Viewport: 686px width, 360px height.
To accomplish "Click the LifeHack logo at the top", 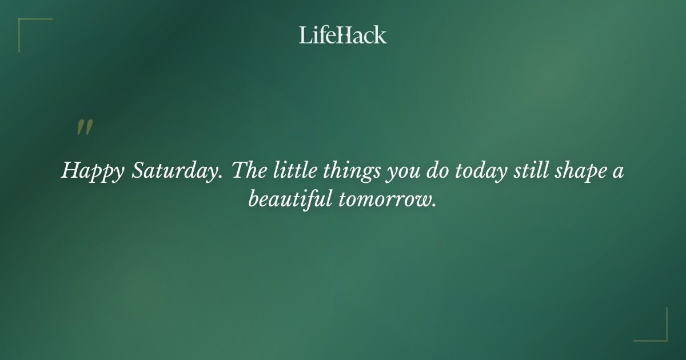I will [343, 35].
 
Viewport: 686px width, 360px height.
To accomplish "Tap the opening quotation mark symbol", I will [85, 128].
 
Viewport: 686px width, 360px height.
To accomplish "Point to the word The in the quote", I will [247, 170].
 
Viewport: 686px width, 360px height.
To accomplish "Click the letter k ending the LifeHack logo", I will [381, 35].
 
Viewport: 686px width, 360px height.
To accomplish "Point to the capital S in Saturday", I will [138, 170].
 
